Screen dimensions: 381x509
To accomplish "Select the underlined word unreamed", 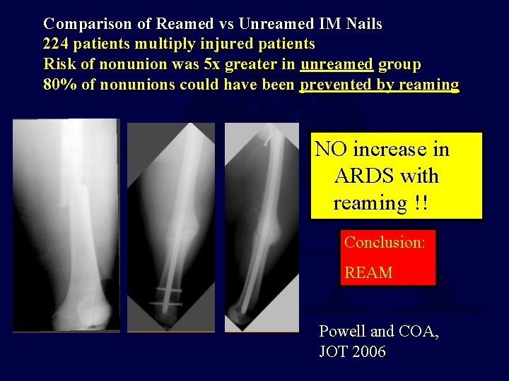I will point(337,65).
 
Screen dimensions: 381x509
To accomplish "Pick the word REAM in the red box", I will point(368,272).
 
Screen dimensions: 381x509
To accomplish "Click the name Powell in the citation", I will point(343,332).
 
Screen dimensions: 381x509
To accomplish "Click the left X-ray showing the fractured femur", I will point(66,226).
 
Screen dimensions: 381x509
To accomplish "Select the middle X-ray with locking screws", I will point(170,226).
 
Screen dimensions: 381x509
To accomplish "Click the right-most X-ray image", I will point(262,226).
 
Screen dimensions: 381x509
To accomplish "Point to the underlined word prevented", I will point(336,85).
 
